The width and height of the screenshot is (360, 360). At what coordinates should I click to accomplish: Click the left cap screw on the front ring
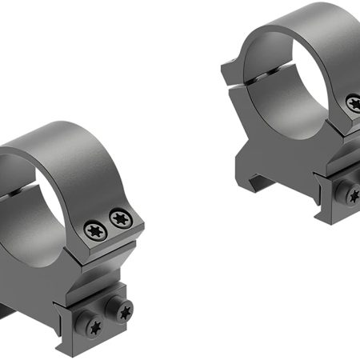point(94,230)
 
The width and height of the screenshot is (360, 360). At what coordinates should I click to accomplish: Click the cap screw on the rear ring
point(354,103)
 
